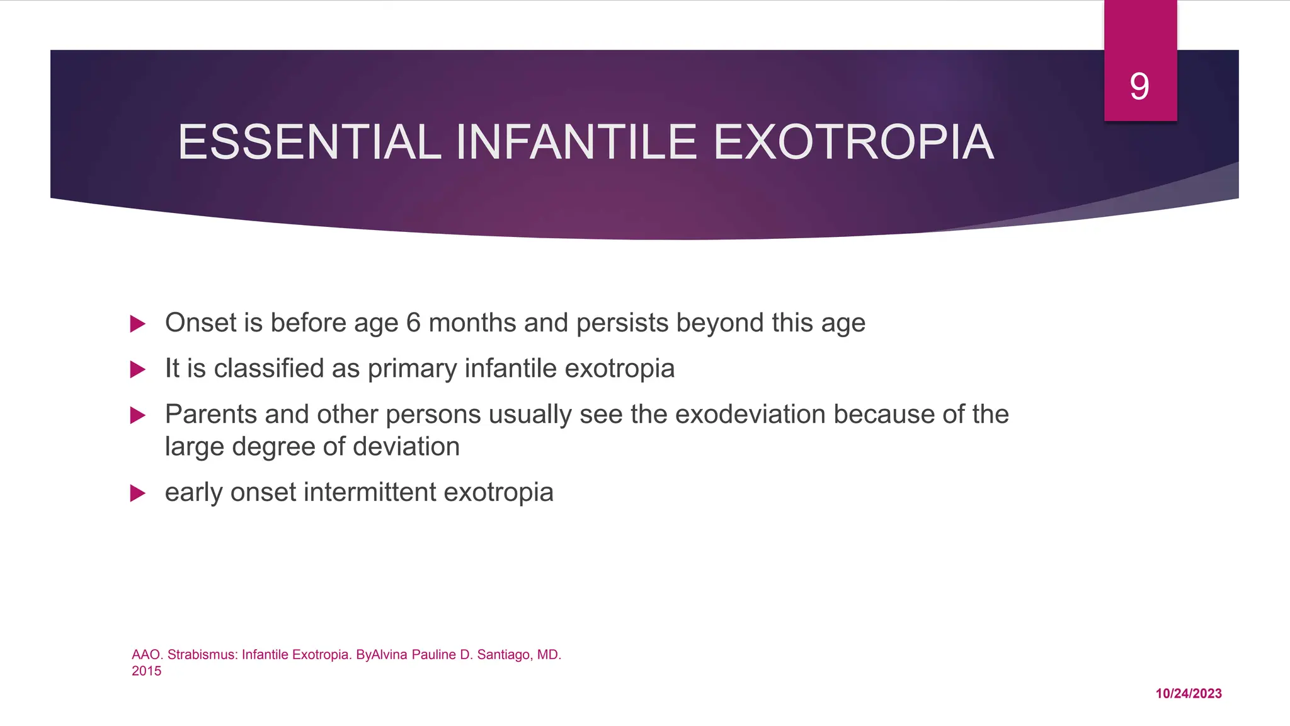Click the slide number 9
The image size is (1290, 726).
click(1139, 86)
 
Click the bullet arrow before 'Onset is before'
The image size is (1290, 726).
click(137, 324)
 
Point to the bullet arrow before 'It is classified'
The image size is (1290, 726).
click(137, 369)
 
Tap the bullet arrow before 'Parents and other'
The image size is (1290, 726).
click(137, 415)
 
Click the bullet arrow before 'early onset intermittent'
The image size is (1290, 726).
click(137, 493)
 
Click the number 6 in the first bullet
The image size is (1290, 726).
click(413, 323)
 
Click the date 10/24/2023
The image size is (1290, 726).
click(1188, 693)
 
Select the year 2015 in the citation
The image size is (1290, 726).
click(146, 671)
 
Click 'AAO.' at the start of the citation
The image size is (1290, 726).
click(146, 655)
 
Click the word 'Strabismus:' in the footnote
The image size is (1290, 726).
click(202, 655)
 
